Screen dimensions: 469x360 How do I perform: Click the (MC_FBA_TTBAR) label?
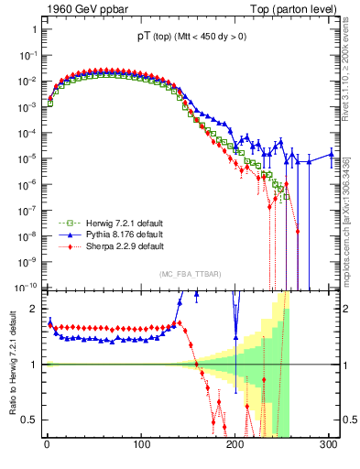coord(190,275)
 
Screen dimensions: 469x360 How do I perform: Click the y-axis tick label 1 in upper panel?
coord(35,29)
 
